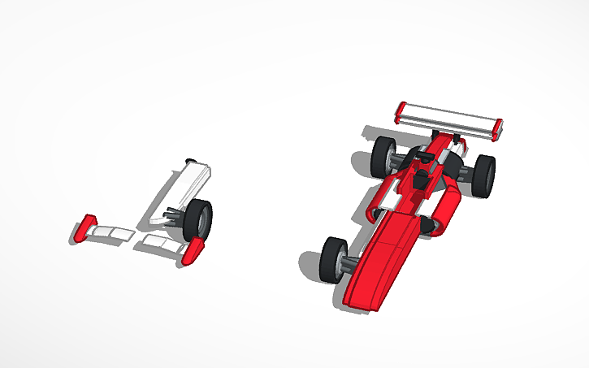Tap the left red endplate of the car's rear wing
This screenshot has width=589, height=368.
400,112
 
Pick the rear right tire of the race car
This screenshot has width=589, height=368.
483,175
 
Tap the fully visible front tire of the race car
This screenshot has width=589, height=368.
334,259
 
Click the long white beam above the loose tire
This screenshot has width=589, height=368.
183,190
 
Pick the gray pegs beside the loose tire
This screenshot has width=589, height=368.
175,216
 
